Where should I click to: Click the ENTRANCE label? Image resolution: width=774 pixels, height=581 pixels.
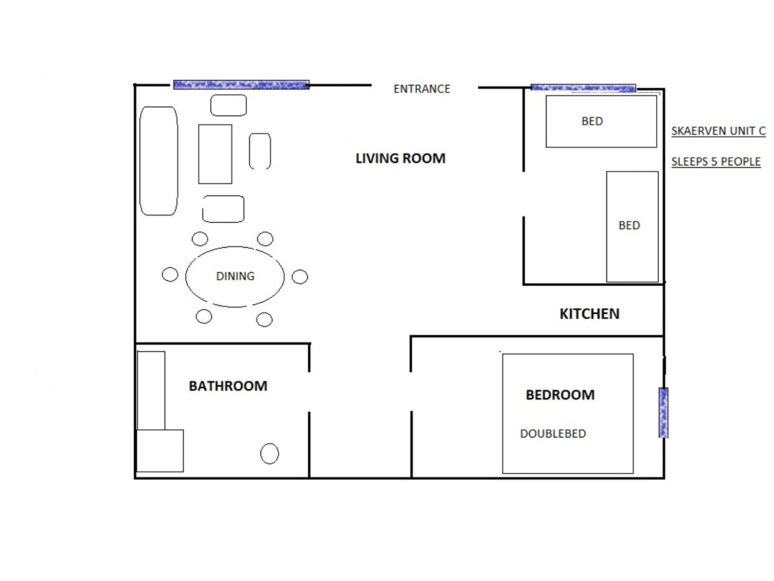point(422,89)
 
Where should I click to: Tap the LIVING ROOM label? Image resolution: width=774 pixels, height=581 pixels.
point(400,158)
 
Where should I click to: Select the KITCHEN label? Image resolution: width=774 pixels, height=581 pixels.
point(589,314)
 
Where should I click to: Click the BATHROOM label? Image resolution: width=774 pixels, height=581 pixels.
point(228,386)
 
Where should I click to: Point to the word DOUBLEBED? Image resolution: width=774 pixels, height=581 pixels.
point(553,433)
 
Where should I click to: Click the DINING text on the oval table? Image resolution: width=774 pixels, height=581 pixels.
point(235,277)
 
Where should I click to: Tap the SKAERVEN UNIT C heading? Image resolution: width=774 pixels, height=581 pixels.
point(718,131)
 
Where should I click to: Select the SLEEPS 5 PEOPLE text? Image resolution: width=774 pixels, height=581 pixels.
point(716,162)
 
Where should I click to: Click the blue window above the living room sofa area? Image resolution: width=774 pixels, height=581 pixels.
point(241,85)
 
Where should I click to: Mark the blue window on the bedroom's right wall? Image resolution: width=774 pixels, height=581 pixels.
point(663,412)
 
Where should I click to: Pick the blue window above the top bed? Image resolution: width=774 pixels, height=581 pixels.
point(583,88)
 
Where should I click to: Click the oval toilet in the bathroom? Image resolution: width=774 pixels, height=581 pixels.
point(269,454)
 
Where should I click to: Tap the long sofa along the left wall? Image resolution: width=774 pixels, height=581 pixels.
point(159,161)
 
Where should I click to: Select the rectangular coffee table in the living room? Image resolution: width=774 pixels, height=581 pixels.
point(215,154)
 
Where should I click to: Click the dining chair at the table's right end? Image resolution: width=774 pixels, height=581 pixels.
point(300,277)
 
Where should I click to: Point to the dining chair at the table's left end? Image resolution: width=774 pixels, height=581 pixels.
point(170,274)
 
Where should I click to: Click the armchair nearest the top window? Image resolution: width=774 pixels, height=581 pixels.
point(228,105)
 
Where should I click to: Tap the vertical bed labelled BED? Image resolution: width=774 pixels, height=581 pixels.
point(632,227)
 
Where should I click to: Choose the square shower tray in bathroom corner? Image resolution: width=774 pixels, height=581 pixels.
point(160,451)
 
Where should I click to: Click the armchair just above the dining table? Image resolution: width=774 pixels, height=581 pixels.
point(223,209)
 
